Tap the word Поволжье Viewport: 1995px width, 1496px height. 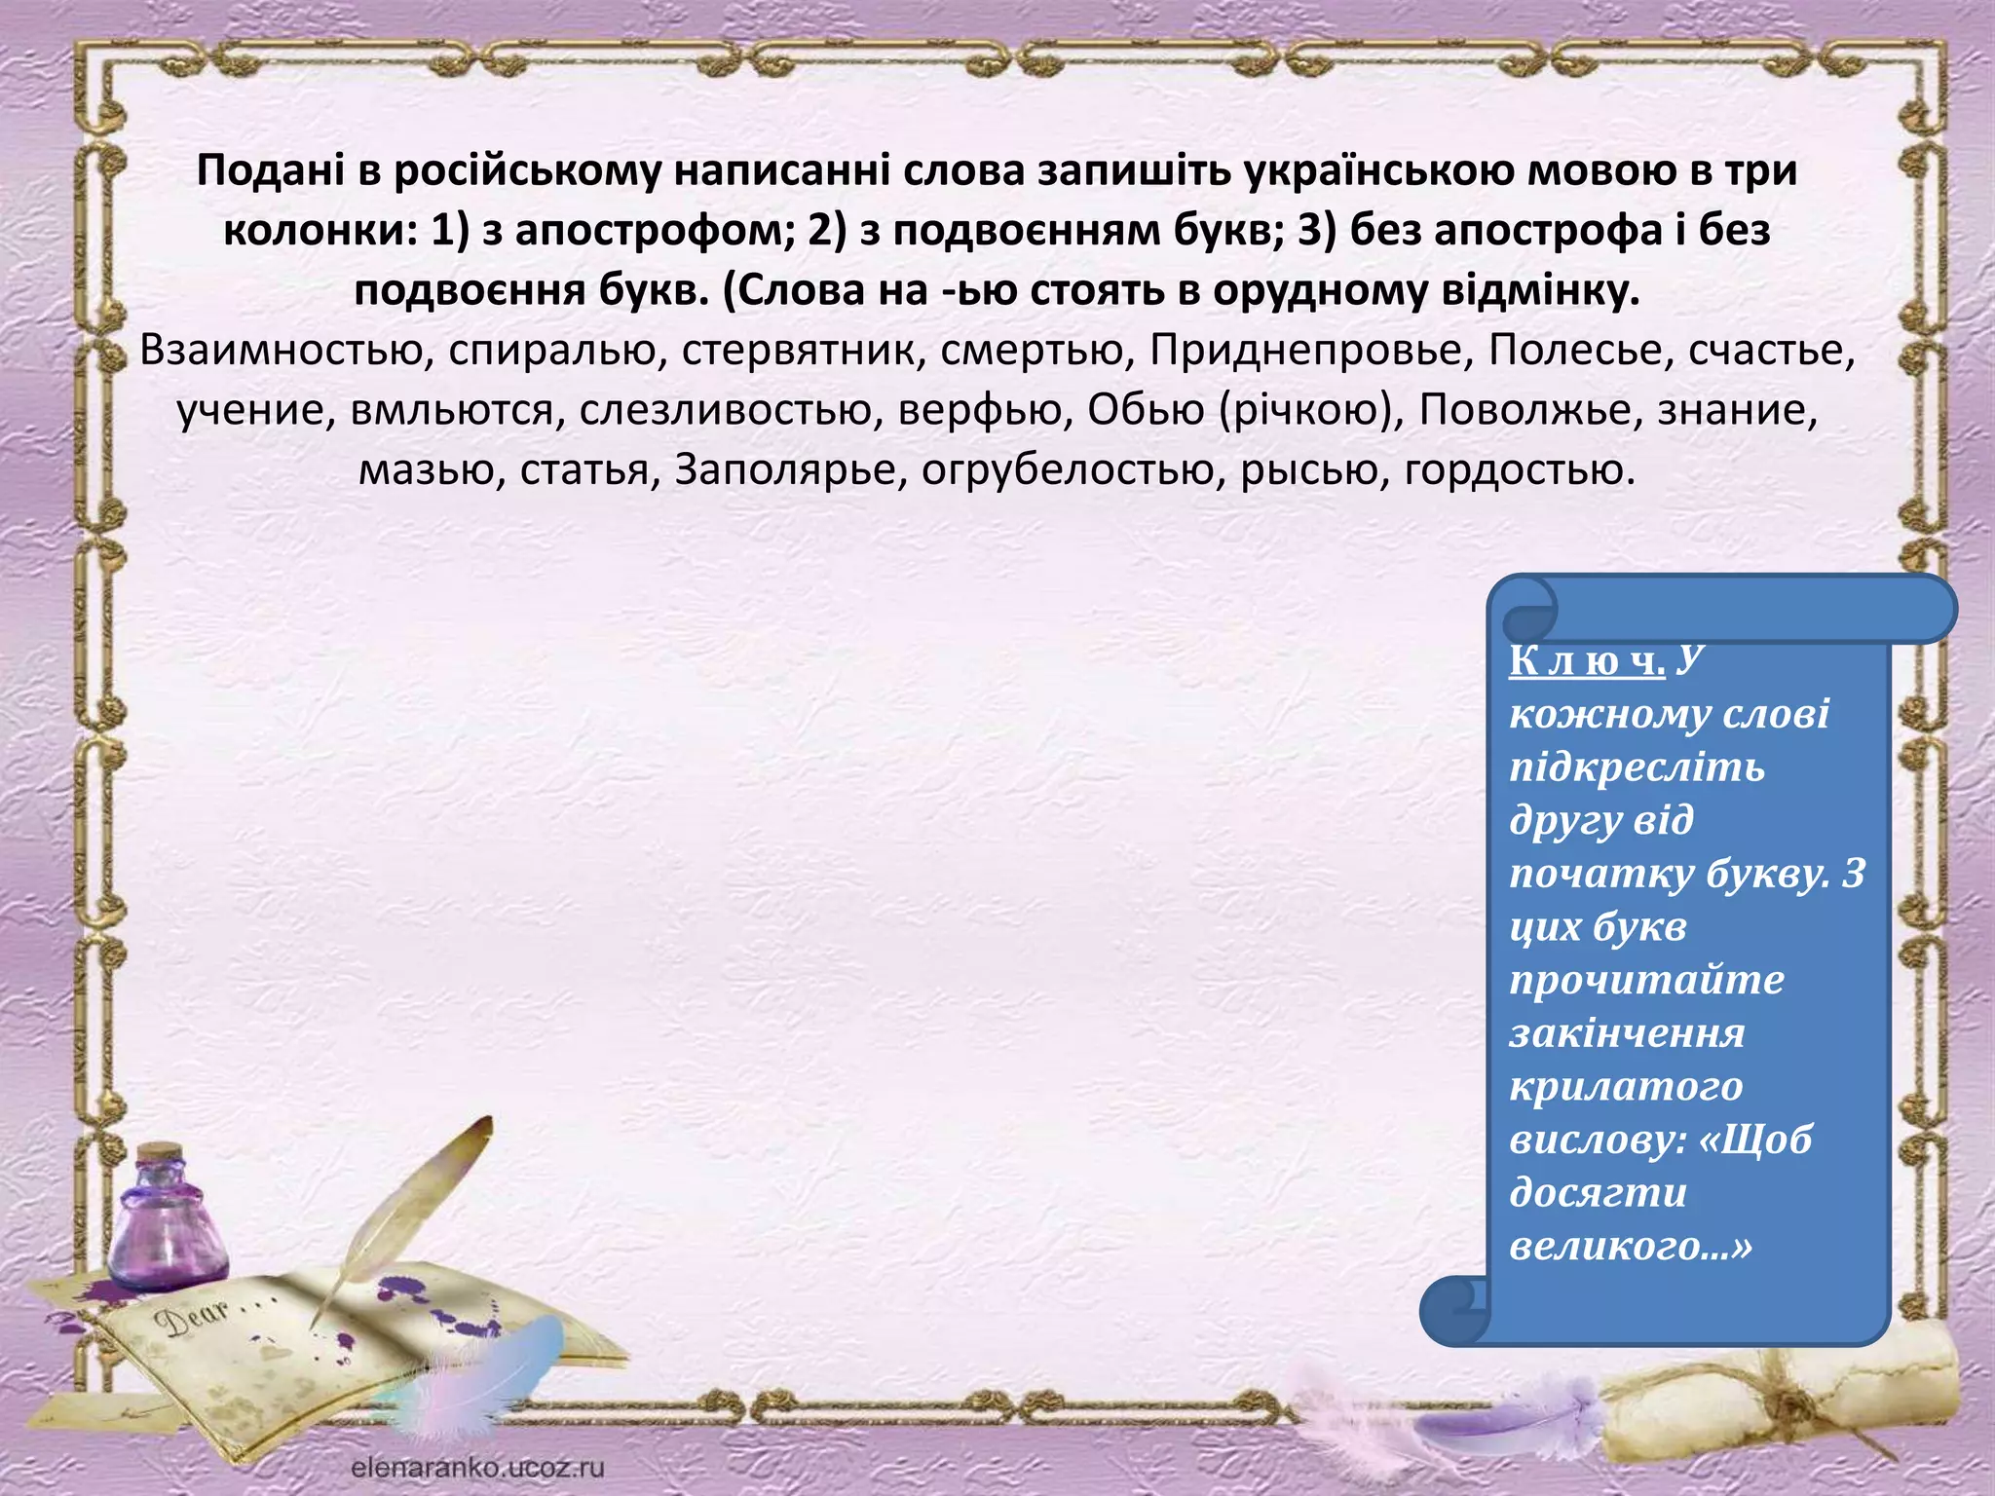point(1529,411)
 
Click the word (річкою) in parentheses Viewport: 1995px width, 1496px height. point(1311,411)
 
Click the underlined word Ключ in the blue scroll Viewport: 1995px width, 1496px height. point(1587,661)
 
